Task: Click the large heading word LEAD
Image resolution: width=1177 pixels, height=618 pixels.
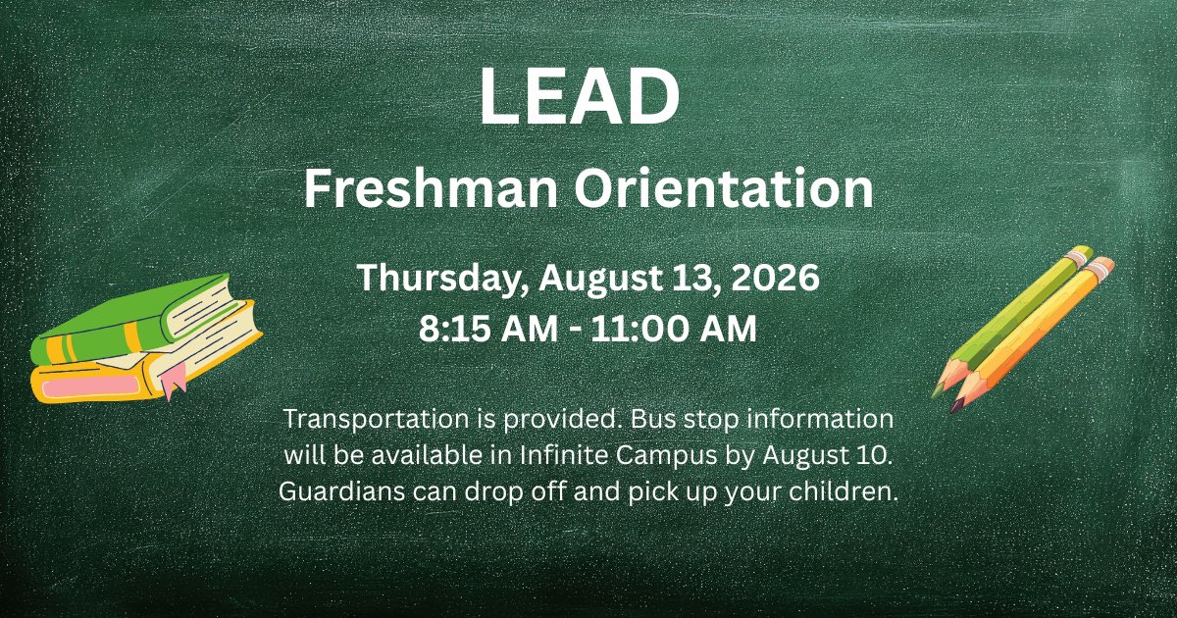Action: (580, 97)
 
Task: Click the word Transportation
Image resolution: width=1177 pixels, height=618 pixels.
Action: (364, 419)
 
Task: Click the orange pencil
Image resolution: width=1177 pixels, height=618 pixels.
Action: (1035, 329)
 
